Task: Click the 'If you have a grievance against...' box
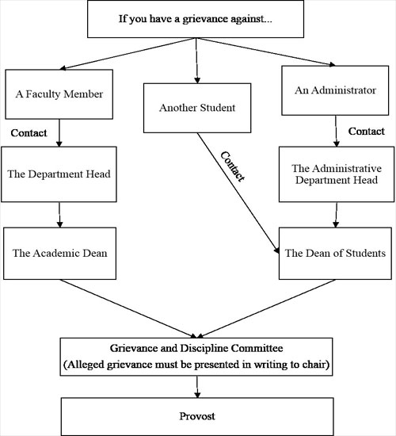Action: tap(196, 18)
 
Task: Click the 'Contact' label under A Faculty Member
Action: tap(29, 132)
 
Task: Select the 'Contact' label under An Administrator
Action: tap(367, 129)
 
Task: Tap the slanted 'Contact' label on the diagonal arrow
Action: tap(232, 167)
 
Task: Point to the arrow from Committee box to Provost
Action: tap(196, 387)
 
